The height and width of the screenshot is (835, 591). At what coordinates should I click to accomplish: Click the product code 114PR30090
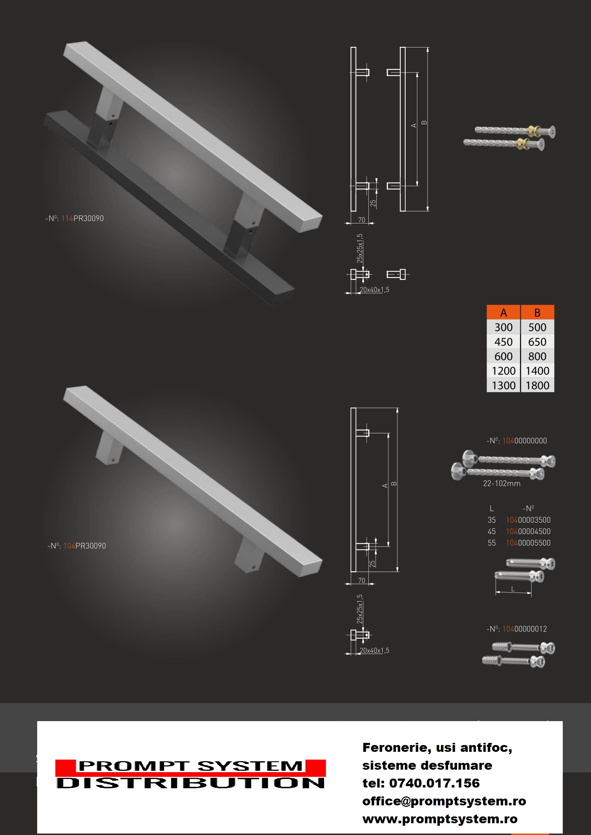[x=82, y=218]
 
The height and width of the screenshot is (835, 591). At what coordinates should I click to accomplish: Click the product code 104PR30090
[x=84, y=546]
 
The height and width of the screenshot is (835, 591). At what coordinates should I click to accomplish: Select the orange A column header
[x=503, y=312]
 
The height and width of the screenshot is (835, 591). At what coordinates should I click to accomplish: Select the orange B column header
[x=537, y=312]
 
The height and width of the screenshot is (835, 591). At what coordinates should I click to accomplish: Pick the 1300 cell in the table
[x=503, y=385]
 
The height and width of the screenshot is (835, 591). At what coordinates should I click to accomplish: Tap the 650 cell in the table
[x=537, y=342]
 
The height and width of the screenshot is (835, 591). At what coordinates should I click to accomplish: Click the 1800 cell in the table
[x=537, y=385]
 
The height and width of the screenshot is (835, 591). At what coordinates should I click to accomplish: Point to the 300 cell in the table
[x=503, y=327]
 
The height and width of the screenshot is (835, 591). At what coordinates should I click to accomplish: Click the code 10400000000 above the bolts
[x=525, y=441]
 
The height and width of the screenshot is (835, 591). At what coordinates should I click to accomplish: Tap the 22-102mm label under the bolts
[x=501, y=484]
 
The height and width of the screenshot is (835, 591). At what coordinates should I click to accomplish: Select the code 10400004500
[x=528, y=532]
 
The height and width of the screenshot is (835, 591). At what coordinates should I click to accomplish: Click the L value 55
[x=492, y=543]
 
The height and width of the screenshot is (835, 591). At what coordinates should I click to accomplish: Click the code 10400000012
[x=525, y=629]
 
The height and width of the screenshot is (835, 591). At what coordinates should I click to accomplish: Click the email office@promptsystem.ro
[x=444, y=801]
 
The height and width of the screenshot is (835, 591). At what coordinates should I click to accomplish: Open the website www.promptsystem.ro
[x=439, y=819]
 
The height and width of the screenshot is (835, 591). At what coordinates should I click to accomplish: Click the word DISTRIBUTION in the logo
[x=190, y=783]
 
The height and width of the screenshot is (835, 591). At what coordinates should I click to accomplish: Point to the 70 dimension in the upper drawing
[x=361, y=220]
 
